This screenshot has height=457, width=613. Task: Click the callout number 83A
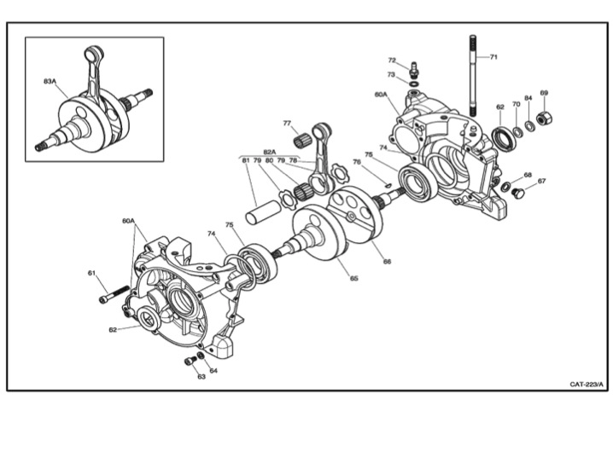pyautogui.click(x=50, y=82)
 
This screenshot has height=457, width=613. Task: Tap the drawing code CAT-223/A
pyautogui.click(x=587, y=383)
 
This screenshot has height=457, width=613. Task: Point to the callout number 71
pyautogui.click(x=493, y=56)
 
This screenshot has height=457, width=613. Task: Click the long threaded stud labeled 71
pyautogui.click(x=470, y=77)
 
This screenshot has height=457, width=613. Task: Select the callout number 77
pyautogui.click(x=287, y=123)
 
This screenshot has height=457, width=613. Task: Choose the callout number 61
pyautogui.click(x=91, y=273)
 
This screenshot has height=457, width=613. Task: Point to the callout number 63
pyautogui.click(x=201, y=376)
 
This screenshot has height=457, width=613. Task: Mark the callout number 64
pyautogui.click(x=213, y=370)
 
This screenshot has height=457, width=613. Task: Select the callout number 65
pyautogui.click(x=353, y=278)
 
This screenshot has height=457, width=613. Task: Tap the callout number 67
pyautogui.click(x=541, y=181)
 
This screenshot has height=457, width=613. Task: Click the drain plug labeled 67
pyautogui.click(x=517, y=194)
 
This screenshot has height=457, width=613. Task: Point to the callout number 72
pyautogui.click(x=392, y=61)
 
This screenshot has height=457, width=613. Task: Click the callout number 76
pyautogui.click(x=357, y=161)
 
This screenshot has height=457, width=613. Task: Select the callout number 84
pyautogui.click(x=528, y=97)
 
